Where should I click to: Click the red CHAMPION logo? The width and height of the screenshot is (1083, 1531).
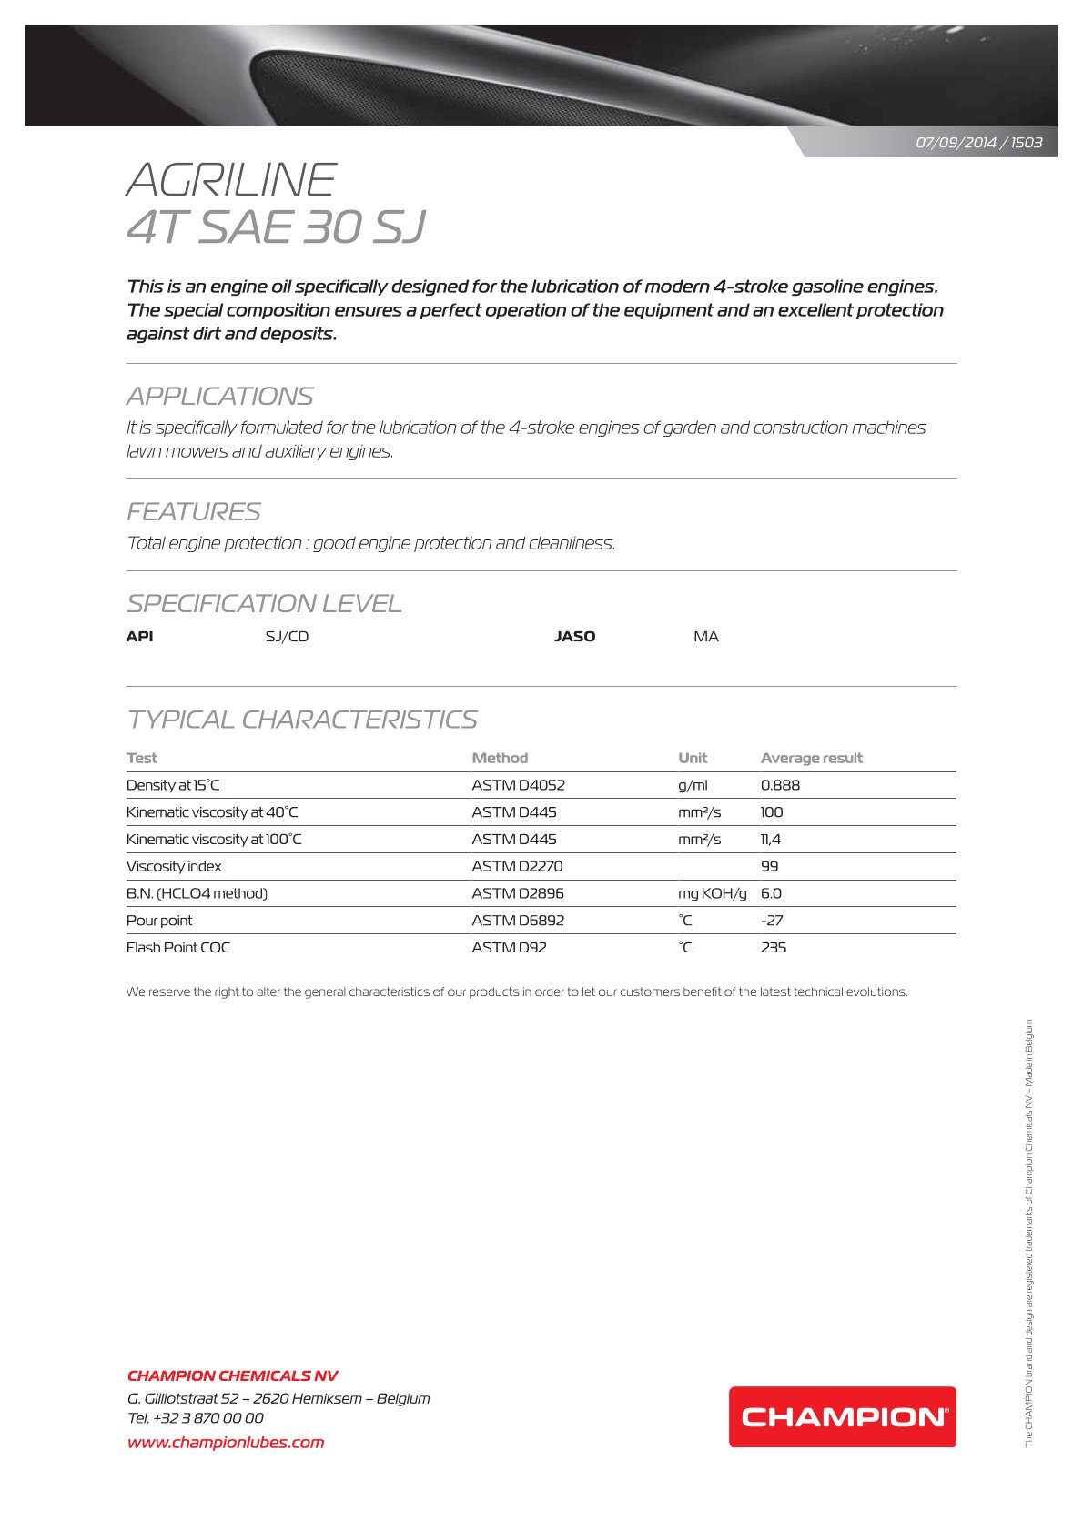coord(842,1416)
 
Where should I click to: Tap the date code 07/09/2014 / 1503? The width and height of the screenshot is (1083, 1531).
coord(978,143)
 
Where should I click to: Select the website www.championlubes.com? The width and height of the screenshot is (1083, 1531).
coord(226,1442)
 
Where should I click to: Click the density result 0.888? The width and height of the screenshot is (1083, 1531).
coord(780,785)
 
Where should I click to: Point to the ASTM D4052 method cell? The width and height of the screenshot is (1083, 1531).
coord(518,785)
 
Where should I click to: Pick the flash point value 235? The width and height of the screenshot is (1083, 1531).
coord(773,947)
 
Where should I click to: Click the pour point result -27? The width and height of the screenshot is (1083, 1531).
coord(772,920)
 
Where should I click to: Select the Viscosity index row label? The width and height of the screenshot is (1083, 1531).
coord(174,866)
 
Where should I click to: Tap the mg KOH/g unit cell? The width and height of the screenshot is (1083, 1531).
coord(712,893)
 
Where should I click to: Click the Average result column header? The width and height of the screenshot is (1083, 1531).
coord(811,758)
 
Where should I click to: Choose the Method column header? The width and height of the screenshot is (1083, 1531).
coord(500,758)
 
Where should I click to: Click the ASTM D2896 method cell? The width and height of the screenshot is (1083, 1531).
coord(517,893)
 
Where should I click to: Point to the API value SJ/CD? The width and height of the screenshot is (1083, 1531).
coord(287,637)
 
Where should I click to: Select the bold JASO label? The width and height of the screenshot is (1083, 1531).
coord(574,637)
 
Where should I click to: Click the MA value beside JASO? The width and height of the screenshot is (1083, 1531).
coord(705,637)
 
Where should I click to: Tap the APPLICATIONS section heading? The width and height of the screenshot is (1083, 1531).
coord(219,397)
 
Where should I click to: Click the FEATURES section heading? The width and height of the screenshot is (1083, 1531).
coord(193,512)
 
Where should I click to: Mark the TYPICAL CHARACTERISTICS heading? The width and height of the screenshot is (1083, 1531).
coord(301,720)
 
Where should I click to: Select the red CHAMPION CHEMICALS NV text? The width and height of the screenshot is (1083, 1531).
coord(232,1375)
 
